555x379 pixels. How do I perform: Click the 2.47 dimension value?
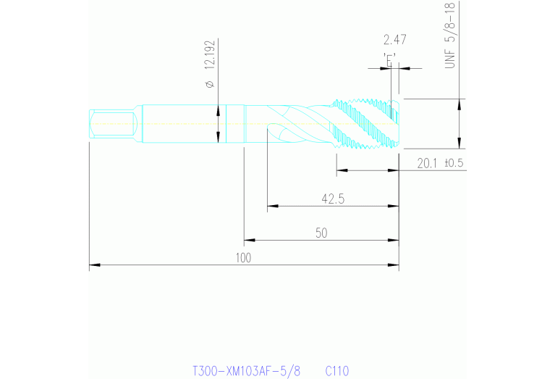pyautogui.click(x=394, y=40)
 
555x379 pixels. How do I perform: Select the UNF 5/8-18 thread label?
pyautogui.click(x=450, y=37)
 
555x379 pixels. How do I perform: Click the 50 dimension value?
pyautogui.click(x=321, y=232)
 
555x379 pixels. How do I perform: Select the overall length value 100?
pyautogui.click(x=242, y=258)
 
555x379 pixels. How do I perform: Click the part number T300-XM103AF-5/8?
pyautogui.click(x=245, y=371)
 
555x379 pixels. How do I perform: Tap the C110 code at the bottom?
pyautogui.click(x=337, y=371)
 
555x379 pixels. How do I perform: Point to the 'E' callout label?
pyautogui.click(x=391, y=60)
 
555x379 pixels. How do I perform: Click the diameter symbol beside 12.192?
pyautogui.click(x=210, y=86)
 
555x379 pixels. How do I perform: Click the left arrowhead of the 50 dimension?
pyautogui.click(x=248, y=239)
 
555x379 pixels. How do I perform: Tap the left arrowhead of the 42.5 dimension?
pyautogui.click(x=271, y=206)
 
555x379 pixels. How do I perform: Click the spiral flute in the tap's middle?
pyautogui.click(x=297, y=125)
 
